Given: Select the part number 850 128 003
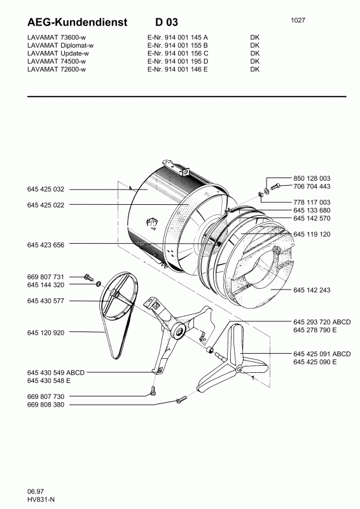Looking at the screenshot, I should pyautogui.click(x=313, y=178).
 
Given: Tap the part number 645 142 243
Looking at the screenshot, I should pyautogui.click(x=313, y=290).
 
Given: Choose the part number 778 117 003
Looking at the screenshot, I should pyautogui.click(x=313, y=202).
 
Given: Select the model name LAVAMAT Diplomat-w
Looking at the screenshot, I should pyautogui.click(x=61, y=46).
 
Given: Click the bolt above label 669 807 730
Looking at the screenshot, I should pyautogui.click(x=153, y=389).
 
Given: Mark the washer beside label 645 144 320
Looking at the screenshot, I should pyautogui.click(x=97, y=284).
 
